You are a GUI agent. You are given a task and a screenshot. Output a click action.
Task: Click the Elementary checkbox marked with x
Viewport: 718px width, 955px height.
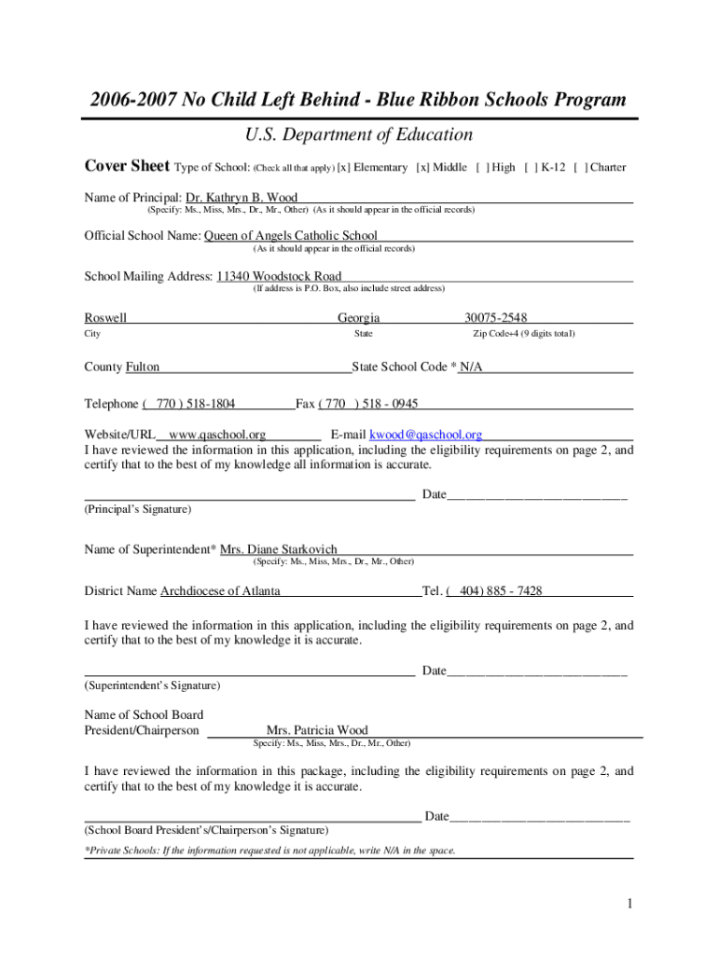pos(343,168)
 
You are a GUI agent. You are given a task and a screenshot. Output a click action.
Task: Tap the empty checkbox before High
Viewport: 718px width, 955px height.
pos(481,168)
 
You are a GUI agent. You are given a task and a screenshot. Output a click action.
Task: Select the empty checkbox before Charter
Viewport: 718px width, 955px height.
pos(580,168)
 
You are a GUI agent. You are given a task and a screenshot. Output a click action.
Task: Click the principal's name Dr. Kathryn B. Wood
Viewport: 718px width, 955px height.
pos(242,198)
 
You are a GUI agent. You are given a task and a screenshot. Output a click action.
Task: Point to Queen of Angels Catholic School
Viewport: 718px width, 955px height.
pos(291,236)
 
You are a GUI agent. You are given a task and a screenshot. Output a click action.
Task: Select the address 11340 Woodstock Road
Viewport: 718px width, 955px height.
pos(279,276)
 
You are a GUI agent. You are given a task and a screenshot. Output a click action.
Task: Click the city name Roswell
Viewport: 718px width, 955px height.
pos(105,318)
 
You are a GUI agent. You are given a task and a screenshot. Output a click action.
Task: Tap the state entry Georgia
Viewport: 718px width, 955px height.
pos(358,318)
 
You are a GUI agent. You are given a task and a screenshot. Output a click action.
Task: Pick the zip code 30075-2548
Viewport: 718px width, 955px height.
pos(495,318)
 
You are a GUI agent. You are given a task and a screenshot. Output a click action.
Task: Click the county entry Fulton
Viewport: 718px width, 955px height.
pos(143,367)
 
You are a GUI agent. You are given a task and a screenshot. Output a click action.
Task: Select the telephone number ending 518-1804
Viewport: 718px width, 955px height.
pos(191,405)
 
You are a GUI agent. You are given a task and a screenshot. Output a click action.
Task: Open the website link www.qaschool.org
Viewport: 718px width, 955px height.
pos(217,435)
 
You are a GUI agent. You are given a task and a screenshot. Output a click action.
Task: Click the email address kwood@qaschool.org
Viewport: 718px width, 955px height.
pos(426,435)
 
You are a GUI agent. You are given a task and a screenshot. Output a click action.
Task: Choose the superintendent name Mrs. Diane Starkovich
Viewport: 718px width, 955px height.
pos(279,549)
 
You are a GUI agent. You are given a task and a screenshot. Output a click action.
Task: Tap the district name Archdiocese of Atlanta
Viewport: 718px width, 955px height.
pos(220,591)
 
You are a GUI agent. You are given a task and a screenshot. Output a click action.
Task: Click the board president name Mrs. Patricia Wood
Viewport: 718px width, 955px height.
pos(317,730)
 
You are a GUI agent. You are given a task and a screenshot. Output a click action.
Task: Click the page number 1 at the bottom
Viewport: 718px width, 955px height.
pos(630,903)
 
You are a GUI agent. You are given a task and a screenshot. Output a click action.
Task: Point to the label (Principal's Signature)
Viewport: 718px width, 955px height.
pos(138,510)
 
